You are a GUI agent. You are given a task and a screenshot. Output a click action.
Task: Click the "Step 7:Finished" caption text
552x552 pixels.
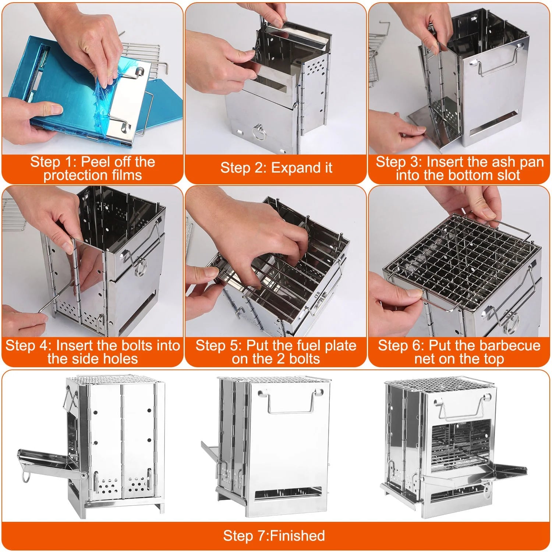(274, 536)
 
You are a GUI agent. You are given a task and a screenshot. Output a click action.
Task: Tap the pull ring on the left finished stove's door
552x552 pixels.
(26, 477)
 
